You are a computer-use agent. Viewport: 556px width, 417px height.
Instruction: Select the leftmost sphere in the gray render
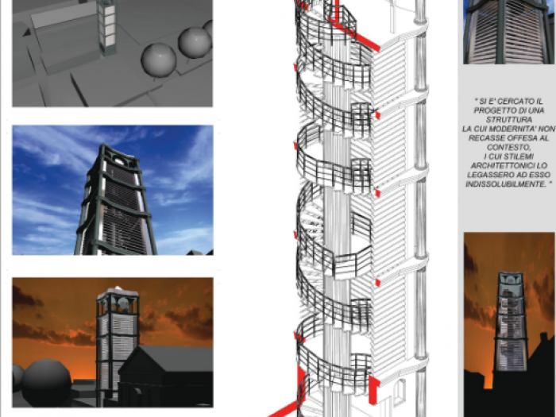[158, 60]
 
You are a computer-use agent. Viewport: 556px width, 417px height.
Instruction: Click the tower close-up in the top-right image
[508, 32]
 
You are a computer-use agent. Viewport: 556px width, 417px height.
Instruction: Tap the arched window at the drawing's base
[399, 393]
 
